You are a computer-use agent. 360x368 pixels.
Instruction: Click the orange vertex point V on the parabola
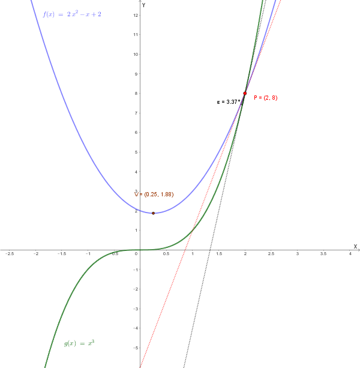tap(153, 213)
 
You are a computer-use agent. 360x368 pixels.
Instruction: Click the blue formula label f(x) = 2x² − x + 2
tap(72, 14)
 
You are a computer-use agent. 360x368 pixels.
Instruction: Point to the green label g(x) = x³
tap(79, 343)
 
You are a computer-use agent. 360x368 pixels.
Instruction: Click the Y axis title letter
tap(144, 5)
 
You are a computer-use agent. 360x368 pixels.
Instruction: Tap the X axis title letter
tap(355, 246)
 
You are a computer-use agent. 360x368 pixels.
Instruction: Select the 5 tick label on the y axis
tap(137, 152)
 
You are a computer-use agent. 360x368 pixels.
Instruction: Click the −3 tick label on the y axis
tap(136, 309)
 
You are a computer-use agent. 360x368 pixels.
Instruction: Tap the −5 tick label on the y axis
tap(136, 348)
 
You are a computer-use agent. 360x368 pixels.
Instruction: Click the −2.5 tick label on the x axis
tap(10, 255)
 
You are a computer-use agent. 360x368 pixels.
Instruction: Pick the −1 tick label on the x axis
tap(88, 255)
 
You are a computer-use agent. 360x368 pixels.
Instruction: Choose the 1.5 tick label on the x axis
tap(218, 255)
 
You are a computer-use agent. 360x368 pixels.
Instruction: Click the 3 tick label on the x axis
tap(297, 255)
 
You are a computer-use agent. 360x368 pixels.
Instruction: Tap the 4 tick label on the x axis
tap(350, 255)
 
